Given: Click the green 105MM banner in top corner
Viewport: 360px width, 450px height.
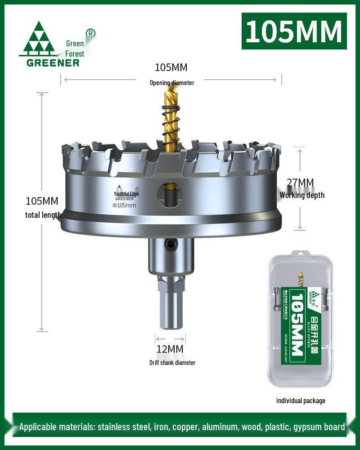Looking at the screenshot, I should [x=294, y=31].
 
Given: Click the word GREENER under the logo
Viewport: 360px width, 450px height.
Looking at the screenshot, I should [x=53, y=63].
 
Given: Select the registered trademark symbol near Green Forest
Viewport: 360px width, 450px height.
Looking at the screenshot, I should [x=90, y=33].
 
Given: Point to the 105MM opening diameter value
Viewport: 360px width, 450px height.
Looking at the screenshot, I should [x=171, y=67].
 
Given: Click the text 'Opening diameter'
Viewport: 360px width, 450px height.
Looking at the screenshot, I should [x=172, y=82].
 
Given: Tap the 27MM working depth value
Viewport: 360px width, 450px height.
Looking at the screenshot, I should [x=300, y=183].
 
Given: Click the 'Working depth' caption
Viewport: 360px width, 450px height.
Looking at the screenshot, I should [x=301, y=195].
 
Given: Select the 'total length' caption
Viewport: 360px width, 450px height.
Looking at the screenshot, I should [x=43, y=215].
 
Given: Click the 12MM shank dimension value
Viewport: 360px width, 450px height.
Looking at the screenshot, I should [x=170, y=349].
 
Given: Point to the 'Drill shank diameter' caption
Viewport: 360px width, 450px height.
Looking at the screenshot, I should [x=172, y=362].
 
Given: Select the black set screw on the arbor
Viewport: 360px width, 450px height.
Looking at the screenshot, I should [x=170, y=244].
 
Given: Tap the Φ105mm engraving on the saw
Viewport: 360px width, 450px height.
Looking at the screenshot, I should [x=124, y=205].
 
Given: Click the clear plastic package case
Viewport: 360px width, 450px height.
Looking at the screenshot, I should [x=300, y=319].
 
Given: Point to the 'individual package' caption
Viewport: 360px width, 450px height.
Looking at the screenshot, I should [x=301, y=400].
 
